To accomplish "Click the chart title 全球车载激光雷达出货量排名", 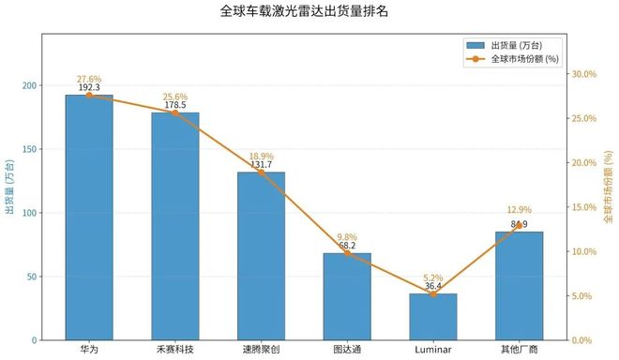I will (x=309, y=12).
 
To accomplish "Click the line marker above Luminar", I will (x=433, y=294).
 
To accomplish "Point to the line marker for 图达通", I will (x=347, y=253).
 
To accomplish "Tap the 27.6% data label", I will (x=89, y=79).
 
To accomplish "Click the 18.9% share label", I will (x=261, y=156).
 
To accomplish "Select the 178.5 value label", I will (x=175, y=105).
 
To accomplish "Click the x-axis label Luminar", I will (x=433, y=350).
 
